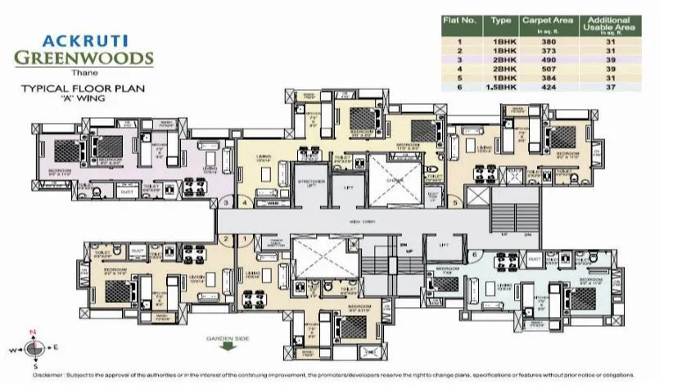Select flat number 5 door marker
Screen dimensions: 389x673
454,200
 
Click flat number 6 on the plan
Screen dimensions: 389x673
474,255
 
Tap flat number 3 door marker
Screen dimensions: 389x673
225,201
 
